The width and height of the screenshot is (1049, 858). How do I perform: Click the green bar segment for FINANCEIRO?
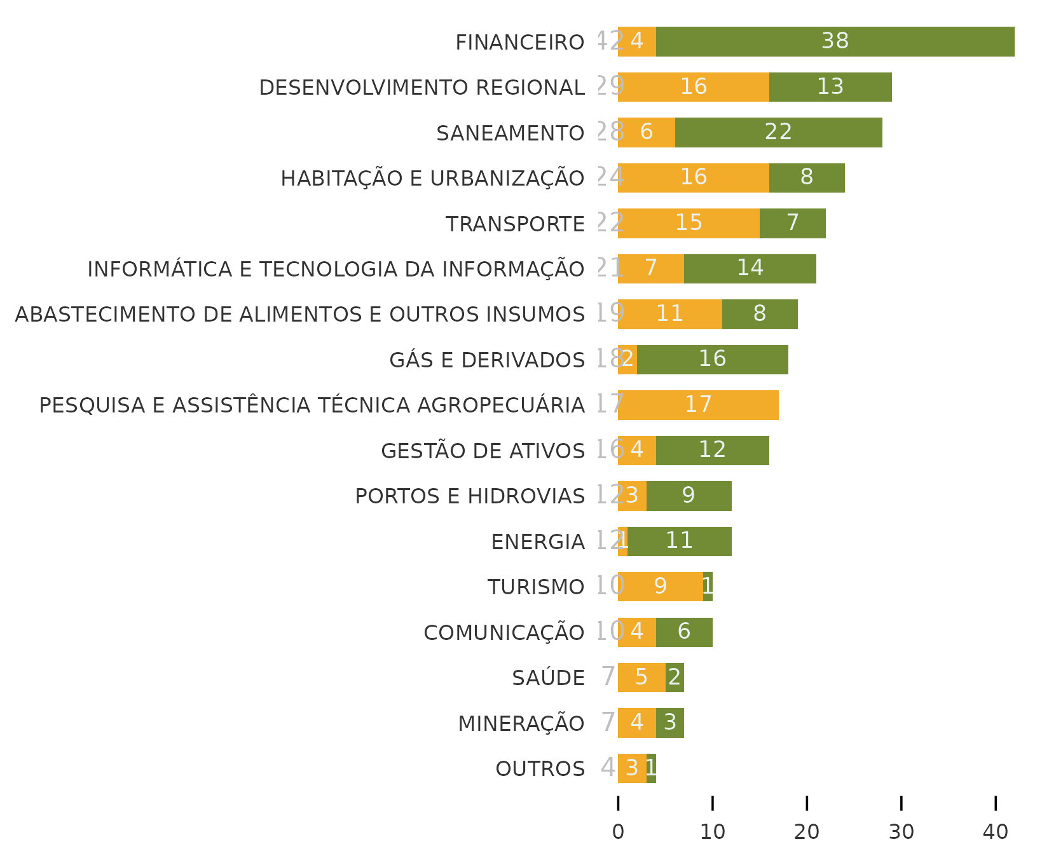pos(835,41)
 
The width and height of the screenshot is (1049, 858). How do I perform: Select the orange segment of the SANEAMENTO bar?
pos(646,132)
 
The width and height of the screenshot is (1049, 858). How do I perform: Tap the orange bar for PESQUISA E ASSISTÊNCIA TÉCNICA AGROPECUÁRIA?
pos(698,405)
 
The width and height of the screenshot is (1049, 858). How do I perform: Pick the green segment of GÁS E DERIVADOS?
pos(712,360)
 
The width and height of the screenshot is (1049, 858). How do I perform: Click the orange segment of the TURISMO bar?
pos(660,587)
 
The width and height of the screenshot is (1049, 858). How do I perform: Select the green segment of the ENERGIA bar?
pos(679,541)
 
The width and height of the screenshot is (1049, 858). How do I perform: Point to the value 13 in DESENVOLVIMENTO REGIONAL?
pos(830,86)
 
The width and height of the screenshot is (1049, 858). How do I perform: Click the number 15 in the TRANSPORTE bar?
pos(689,223)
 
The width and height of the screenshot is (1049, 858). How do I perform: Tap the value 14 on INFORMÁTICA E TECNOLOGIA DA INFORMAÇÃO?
pos(750,268)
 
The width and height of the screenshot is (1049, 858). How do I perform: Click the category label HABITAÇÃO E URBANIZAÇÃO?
pos(432,179)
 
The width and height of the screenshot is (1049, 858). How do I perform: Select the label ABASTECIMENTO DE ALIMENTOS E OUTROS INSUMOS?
pos(299,315)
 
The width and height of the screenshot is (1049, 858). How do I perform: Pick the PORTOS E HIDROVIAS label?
pos(469,496)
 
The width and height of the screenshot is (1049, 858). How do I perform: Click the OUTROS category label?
pos(540,769)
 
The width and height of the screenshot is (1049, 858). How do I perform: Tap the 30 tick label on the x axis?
pos(901,831)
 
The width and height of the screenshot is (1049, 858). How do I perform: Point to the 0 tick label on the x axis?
pos(618,831)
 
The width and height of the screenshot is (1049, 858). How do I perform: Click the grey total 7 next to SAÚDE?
pos(608,677)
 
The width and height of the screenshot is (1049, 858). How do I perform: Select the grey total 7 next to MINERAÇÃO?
pos(608,723)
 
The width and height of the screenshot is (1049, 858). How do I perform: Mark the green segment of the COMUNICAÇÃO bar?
pos(683,632)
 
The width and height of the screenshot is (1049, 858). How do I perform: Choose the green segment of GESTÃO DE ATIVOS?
pos(712,451)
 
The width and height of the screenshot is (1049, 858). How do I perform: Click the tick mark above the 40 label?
pos(996,803)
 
